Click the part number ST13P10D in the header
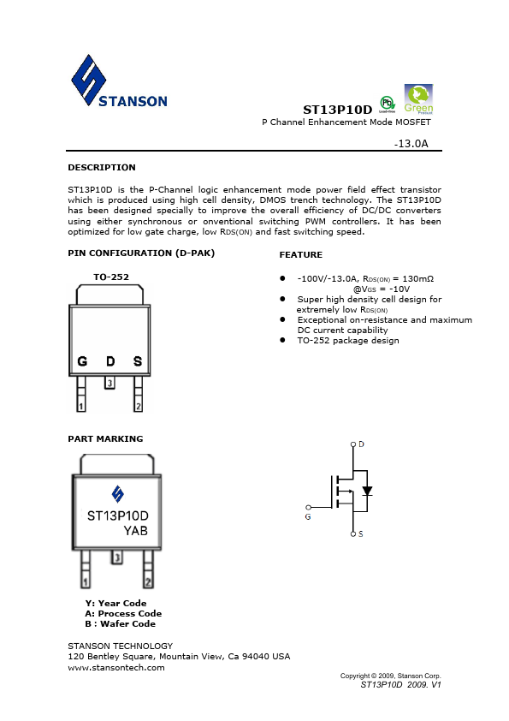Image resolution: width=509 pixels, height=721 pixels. pos(338,110)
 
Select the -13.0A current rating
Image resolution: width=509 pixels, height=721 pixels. pos(411,145)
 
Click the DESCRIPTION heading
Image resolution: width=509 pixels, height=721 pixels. pos(101,167)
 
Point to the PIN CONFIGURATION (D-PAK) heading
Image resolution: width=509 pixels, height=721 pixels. pos(141,253)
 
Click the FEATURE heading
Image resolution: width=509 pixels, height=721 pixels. pos(300,255)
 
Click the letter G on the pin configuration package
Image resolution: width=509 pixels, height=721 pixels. pos(82,361)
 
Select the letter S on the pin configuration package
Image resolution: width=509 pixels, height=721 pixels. pos(137,361)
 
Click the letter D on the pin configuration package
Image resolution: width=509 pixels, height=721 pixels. pos(109,361)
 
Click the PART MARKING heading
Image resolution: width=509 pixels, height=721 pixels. pos(105,438)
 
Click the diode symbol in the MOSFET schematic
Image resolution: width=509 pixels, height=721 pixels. pos(367,492)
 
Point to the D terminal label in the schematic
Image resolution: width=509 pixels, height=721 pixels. pos(361,444)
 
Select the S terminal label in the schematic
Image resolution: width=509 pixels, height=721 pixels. pos(361,534)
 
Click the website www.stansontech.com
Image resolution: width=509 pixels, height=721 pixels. pos(115,667)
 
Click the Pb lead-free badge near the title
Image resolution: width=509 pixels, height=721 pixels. pos(387,105)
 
